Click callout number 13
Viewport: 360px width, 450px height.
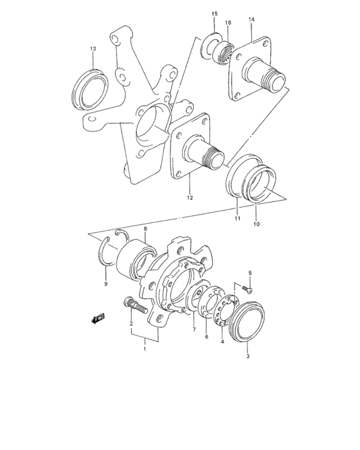coord(93,49)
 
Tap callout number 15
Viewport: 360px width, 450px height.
coord(214,14)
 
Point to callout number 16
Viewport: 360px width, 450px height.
coord(228,22)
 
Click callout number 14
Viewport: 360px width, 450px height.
coord(251,20)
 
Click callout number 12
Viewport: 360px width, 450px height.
coord(190,197)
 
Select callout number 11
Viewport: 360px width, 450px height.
coord(237,219)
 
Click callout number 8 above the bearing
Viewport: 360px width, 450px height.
coord(146,229)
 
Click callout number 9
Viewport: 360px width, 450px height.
coord(106,283)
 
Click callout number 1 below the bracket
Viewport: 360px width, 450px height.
coord(145,349)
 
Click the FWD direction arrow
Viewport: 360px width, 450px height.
coord(97,318)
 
